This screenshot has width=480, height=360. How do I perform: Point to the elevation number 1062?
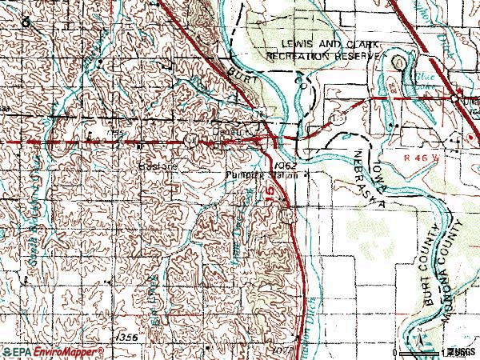click(x=290, y=165)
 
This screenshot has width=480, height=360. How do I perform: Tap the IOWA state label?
click(x=369, y=172)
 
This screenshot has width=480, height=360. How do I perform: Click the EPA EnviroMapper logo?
click(x=52, y=351)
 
